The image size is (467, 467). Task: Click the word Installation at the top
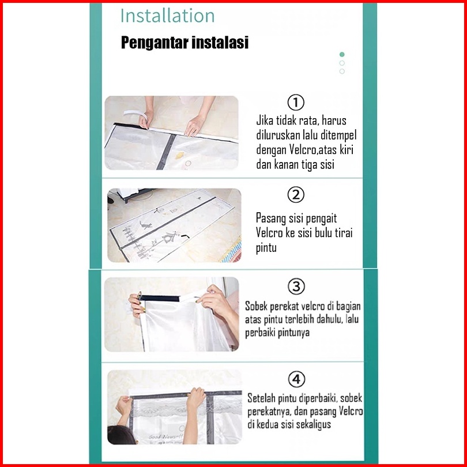point(167,16)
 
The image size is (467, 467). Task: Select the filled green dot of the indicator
point(342,55)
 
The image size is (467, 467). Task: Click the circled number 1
point(296,102)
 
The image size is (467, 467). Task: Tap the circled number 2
point(296,195)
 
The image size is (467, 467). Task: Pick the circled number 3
point(296,287)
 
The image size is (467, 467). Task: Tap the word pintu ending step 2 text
point(266,247)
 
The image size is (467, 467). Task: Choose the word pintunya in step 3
point(293,333)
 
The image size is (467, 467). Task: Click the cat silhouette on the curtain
point(146,225)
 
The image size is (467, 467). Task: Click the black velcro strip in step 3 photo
point(160,298)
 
